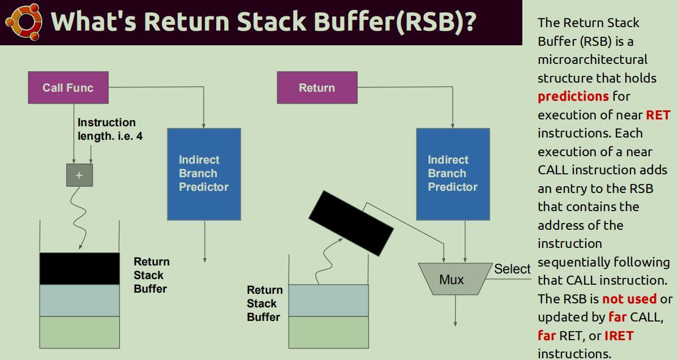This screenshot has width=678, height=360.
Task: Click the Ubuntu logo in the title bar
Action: pos(24,22)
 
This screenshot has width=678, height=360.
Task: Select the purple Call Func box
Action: pos(68,87)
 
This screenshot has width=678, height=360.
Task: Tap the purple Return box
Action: pos(317,87)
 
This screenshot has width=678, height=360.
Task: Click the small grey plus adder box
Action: pos(80,175)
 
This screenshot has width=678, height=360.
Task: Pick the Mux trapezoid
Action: pos(456,279)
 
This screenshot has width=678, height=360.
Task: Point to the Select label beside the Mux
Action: pos(512,269)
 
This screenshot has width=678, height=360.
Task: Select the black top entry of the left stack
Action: pos(80,269)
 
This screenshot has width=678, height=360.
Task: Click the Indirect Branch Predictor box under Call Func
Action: pos(204,174)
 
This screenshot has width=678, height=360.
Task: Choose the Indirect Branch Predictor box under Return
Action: pos(453,174)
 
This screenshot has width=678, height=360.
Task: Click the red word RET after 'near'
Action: pos(658,115)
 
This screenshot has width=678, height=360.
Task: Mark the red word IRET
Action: pos(619,335)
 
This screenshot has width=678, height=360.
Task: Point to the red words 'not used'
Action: pos(629,298)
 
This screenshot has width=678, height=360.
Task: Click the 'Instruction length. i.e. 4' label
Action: pos(110,129)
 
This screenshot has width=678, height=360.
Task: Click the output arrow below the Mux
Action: pos(456,310)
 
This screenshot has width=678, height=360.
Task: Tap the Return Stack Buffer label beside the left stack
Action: pos(151,275)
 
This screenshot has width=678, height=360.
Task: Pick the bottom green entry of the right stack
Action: pos(329,332)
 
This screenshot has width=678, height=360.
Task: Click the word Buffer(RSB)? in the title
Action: pos(395,22)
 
